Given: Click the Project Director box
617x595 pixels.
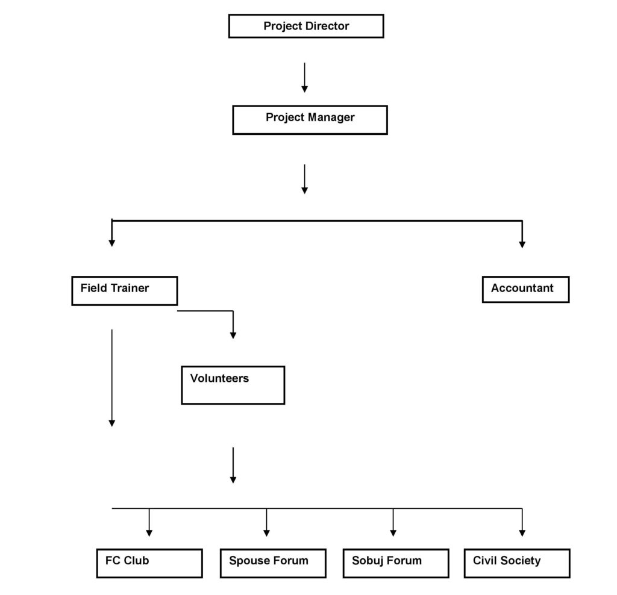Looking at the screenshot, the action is click(x=306, y=26).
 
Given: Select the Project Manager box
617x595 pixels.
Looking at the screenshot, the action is click(x=310, y=120).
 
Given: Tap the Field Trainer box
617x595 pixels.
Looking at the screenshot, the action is click(x=125, y=291).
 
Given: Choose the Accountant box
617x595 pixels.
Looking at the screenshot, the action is click(x=525, y=290).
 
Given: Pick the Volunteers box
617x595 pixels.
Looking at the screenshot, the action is click(x=233, y=385).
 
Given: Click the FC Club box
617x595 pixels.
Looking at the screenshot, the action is click(x=149, y=563).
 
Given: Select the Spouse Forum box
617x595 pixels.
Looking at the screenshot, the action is click(x=273, y=563).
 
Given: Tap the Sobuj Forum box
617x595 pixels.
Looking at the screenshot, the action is click(x=396, y=563).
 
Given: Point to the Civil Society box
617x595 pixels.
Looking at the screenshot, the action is click(x=517, y=563).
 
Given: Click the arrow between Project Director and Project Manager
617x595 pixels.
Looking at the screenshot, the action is click(x=304, y=78).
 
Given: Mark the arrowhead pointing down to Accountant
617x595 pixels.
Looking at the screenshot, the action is click(x=522, y=245).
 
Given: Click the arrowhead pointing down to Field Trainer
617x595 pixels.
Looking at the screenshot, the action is click(x=111, y=243).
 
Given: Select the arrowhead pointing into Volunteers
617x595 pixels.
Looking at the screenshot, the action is click(x=233, y=335).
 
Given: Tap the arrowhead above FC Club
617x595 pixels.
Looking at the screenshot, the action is click(x=149, y=533).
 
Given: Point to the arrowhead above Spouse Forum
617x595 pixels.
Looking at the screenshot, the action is click(x=266, y=533).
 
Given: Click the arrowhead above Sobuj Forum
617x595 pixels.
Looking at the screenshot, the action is click(x=393, y=533).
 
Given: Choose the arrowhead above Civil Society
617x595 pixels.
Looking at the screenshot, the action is click(x=522, y=533).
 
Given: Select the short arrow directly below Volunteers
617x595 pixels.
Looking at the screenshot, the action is click(x=233, y=466).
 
